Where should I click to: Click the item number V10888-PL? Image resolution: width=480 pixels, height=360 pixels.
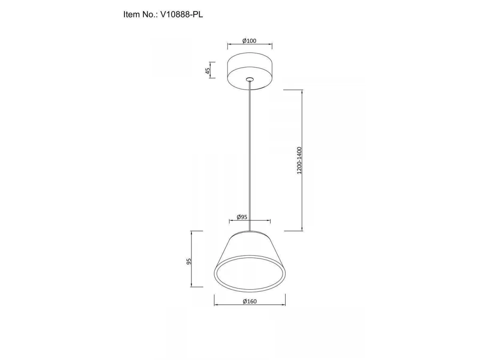click(x=182, y=15)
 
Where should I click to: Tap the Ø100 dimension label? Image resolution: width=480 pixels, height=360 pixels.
click(x=249, y=41)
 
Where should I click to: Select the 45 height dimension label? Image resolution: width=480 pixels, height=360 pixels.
click(x=208, y=71)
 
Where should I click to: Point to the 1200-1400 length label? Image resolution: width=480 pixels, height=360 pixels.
click(x=299, y=160)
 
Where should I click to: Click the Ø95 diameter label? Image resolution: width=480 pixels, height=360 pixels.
click(x=242, y=217)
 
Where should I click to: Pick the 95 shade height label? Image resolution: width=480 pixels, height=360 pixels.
click(x=189, y=262)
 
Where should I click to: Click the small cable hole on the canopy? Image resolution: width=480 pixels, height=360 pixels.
click(x=250, y=79)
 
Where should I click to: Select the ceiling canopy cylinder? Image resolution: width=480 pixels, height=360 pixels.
click(x=250, y=71)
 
